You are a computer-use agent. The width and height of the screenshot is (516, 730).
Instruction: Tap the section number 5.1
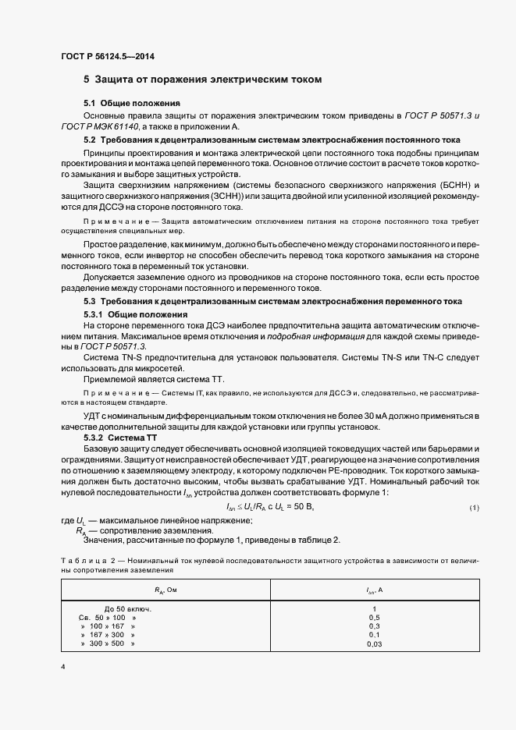pos(90,104)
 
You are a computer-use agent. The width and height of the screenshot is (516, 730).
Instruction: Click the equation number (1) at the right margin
pos(474,508)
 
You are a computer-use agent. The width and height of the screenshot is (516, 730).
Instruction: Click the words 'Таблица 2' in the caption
pos(84,560)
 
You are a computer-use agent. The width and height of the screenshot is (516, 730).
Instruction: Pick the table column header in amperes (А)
pos(374,590)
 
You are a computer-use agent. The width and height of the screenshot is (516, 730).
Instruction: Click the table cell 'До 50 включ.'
pos(127,608)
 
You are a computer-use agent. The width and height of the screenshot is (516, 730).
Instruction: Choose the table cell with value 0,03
pos(374,644)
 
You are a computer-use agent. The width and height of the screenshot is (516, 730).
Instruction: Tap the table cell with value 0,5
pos(374,617)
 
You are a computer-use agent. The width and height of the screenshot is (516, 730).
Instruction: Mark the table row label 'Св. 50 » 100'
pos(102,617)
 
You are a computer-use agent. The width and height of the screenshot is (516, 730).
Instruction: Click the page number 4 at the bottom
pos(62,667)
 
